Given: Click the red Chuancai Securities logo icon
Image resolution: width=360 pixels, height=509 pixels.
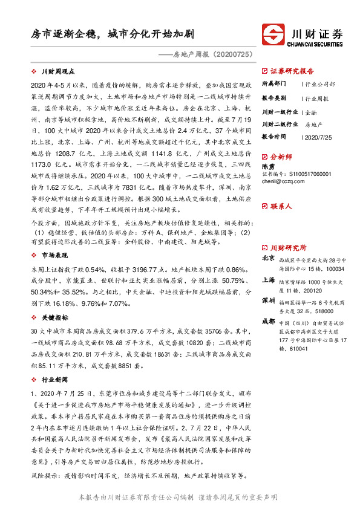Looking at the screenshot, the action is (x=274, y=33).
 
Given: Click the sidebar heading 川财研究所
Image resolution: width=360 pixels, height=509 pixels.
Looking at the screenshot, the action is (x=288, y=248).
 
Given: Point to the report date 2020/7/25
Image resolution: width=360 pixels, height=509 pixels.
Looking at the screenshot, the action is (x=319, y=137).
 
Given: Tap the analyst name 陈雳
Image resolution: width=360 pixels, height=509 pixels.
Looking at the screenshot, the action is (x=268, y=165).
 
